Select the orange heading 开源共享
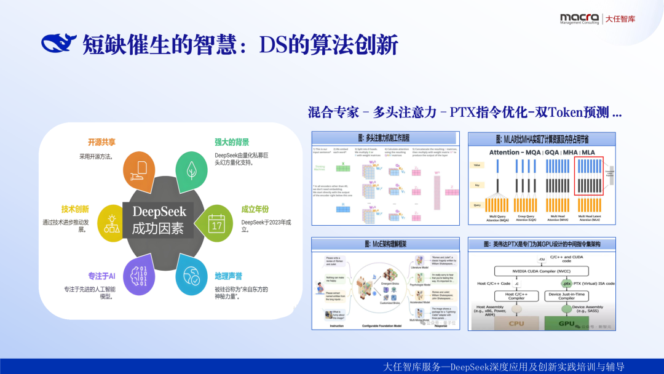point(101,142)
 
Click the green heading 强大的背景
point(232,142)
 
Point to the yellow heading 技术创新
point(75,209)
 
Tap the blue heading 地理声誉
point(228,276)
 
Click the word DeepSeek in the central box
point(159,212)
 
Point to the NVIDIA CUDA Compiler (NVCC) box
point(535,271)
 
